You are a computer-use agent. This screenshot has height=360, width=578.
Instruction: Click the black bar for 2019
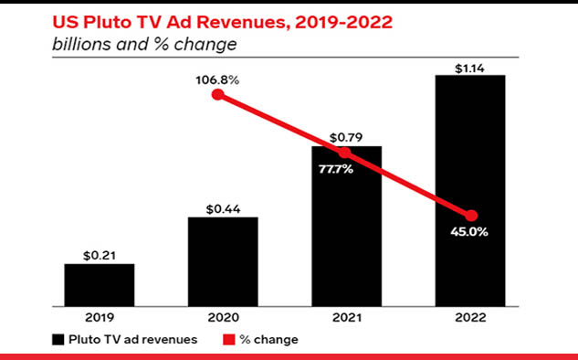(x=100, y=285)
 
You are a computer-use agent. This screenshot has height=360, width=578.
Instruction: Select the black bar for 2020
(x=223, y=262)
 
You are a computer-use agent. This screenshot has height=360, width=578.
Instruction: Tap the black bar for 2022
(x=470, y=191)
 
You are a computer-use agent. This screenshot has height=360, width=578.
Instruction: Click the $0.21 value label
(x=100, y=256)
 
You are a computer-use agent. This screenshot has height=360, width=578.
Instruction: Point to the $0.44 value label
(x=223, y=209)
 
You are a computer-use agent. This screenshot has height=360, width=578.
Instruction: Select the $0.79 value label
(x=346, y=138)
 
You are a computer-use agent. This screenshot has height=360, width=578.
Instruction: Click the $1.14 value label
(x=469, y=69)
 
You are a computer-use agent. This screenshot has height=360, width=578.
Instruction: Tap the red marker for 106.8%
(x=218, y=95)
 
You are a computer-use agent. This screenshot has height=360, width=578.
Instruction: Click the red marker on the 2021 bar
(x=344, y=153)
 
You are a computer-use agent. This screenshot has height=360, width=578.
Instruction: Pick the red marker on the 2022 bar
(x=471, y=216)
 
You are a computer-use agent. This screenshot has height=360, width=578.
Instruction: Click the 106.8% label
(x=217, y=80)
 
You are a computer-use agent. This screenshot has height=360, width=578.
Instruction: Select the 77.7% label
(x=336, y=169)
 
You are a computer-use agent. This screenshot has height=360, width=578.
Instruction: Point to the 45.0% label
(x=469, y=232)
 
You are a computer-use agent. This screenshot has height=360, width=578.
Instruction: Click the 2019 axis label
(x=100, y=318)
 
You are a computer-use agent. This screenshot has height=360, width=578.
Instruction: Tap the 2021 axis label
(x=347, y=318)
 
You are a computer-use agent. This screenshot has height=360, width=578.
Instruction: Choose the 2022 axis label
(x=470, y=318)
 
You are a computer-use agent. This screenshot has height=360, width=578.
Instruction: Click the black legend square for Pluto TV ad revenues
(x=58, y=339)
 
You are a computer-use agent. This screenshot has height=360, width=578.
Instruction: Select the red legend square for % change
(x=229, y=339)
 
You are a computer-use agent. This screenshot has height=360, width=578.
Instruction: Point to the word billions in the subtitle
(x=82, y=44)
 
